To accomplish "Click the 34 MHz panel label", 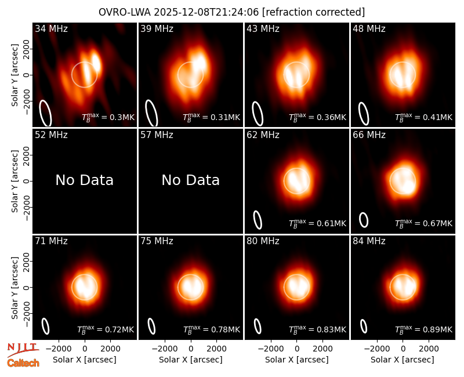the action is click(51, 28).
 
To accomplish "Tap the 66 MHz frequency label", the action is click(369, 135).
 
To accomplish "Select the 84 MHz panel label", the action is click(369, 241).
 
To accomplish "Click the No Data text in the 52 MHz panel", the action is click(85, 180).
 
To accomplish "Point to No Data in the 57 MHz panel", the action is click(191, 180).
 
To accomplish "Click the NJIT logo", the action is click(23, 349).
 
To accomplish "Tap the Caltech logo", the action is click(23, 363).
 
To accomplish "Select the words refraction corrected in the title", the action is click(313, 12).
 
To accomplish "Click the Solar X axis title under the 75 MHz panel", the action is click(191, 360).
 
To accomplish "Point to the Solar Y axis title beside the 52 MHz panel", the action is click(14, 181).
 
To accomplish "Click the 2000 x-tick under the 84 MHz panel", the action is click(429, 349).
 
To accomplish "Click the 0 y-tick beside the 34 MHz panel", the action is click(27, 75).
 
